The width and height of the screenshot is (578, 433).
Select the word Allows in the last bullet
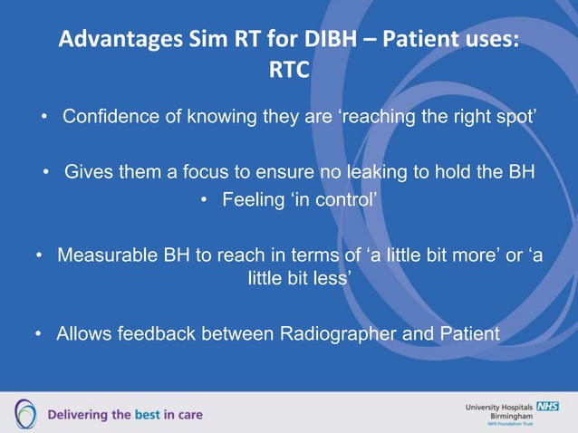(x=84, y=334)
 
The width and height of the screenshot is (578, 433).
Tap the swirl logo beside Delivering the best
(x=24, y=414)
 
